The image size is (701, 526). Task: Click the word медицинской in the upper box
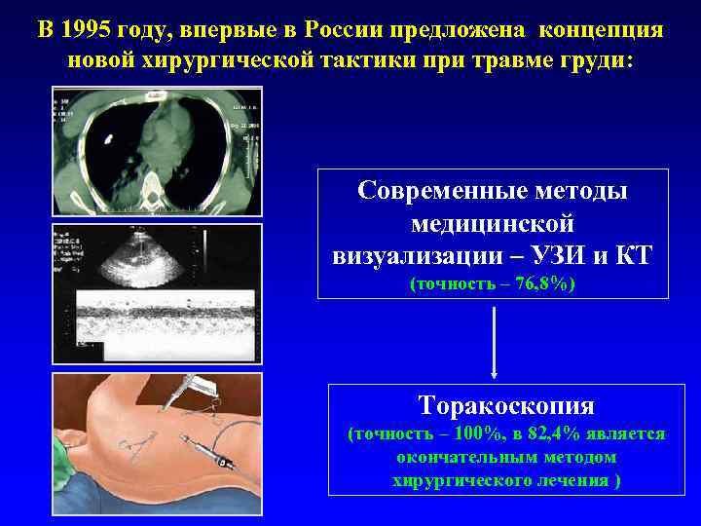tap(493, 222)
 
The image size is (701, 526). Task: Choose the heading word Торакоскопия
tap(505, 404)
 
